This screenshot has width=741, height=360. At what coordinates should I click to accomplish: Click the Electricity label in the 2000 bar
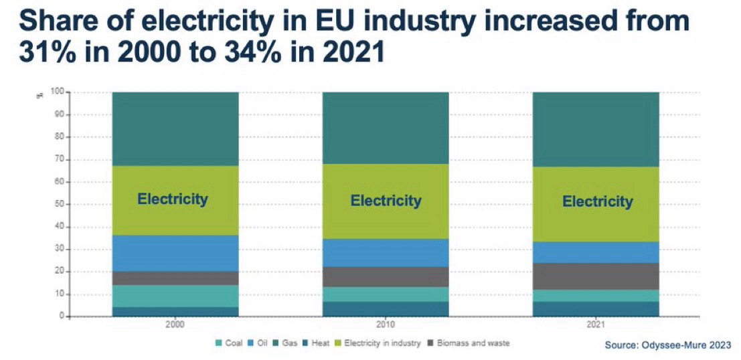[x=173, y=199]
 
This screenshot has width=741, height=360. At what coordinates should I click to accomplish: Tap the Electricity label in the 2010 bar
[x=386, y=200]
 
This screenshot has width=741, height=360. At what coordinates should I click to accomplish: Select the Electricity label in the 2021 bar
[x=597, y=201]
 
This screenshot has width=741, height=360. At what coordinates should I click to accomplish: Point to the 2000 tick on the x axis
[x=175, y=325]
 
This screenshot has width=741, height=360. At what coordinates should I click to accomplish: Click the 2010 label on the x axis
[x=386, y=325]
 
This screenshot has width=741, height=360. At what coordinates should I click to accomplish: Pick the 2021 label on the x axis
[x=596, y=325]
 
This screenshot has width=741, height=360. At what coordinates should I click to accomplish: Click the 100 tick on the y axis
[x=58, y=92]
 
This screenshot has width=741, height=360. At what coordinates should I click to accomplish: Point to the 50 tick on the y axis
[x=60, y=204]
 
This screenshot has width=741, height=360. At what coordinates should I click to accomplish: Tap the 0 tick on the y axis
[x=62, y=317]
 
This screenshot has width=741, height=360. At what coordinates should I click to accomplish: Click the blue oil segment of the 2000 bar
[x=175, y=253]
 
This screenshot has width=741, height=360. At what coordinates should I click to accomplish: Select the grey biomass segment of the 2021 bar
[x=596, y=276]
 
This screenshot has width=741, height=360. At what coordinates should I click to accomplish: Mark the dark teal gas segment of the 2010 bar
[x=386, y=127]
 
